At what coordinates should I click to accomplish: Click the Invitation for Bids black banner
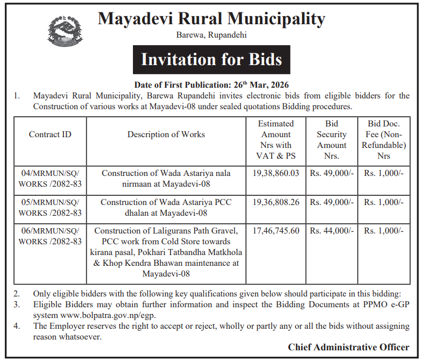[x=211, y=59]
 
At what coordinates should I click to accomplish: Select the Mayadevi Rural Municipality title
[x=211, y=19]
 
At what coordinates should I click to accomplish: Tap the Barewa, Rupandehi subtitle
[x=211, y=36]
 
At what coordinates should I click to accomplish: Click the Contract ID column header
[x=50, y=135]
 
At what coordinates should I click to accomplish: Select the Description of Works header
[x=166, y=135]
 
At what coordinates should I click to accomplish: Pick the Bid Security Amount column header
[x=332, y=139]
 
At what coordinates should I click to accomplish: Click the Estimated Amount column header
[x=276, y=139]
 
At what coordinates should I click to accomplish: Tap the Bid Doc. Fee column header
[x=383, y=139]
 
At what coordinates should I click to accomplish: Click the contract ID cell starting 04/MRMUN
[x=50, y=179]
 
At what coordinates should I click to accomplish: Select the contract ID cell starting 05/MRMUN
[x=50, y=208]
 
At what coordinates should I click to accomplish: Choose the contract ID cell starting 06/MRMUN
[x=50, y=236]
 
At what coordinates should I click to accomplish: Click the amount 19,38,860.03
[x=276, y=174]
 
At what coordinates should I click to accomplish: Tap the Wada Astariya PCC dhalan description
[x=166, y=208]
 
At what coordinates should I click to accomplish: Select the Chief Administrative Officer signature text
[x=348, y=347]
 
